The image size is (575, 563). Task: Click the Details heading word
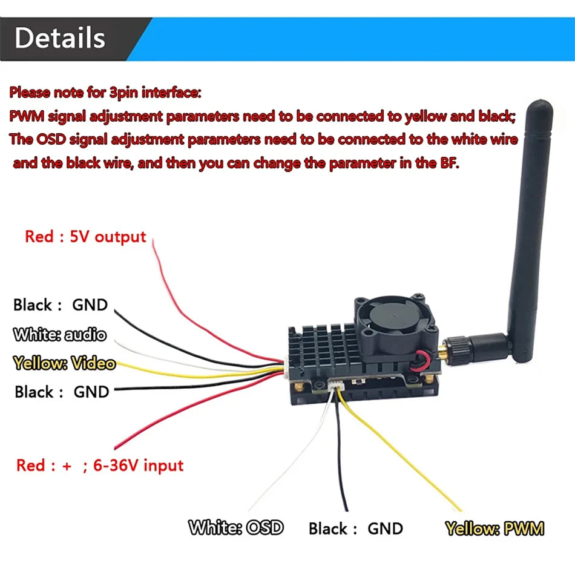(x=59, y=38)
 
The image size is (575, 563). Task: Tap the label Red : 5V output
(x=85, y=236)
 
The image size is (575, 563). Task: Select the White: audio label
(x=59, y=334)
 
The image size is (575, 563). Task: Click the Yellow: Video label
(x=64, y=363)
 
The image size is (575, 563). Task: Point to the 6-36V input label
(x=139, y=465)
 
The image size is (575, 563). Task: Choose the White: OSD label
(x=235, y=528)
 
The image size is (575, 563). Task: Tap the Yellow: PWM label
(x=494, y=528)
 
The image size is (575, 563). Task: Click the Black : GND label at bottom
(x=355, y=528)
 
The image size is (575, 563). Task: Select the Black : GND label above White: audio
(x=60, y=305)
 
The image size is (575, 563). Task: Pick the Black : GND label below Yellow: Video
(x=61, y=392)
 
